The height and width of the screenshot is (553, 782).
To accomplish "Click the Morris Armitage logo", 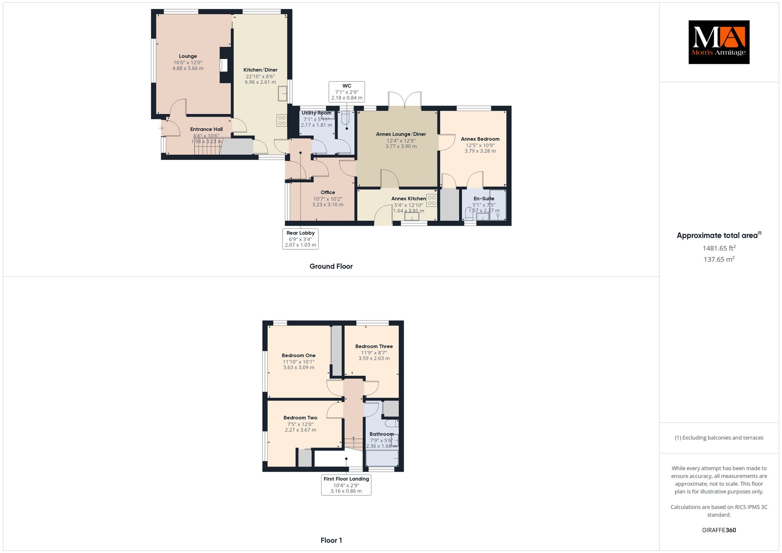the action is (x=719, y=42).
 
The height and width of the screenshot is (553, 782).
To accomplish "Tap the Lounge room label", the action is (x=188, y=56).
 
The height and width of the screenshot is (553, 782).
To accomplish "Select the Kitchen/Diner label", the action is (x=260, y=70).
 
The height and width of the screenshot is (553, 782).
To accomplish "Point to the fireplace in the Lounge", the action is (x=224, y=65).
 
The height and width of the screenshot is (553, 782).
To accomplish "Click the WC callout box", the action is (x=347, y=92).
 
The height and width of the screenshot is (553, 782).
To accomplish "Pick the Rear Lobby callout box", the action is (x=301, y=239).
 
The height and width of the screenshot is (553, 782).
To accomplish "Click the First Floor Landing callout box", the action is (x=346, y=485).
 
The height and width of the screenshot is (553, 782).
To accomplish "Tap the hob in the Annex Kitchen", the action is (x=432, y=201).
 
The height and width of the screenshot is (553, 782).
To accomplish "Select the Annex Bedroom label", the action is (x=480, y=139).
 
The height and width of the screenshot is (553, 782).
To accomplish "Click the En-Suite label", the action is (x=484, y=199).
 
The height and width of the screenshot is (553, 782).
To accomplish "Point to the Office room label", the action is (x=328, y=192).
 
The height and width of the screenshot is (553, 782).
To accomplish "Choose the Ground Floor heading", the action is (x=331, y=266).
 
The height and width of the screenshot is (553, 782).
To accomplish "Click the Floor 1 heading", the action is (x=331, y=540).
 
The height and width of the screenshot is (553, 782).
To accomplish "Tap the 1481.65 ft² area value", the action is (x=719, y=248).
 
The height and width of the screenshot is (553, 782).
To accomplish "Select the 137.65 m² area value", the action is (x=719, y=259).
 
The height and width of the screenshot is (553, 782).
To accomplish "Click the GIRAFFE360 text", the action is (x=719, y=530).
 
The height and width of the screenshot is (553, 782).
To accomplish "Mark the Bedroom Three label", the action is (x=374, y=346).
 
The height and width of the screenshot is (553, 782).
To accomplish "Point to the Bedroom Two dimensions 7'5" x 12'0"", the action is (x=300, y=424).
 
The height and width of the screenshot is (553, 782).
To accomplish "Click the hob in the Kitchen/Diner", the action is (x=282, y=120).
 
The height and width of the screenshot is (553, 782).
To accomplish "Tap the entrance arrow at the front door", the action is (x=162, y=128).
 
